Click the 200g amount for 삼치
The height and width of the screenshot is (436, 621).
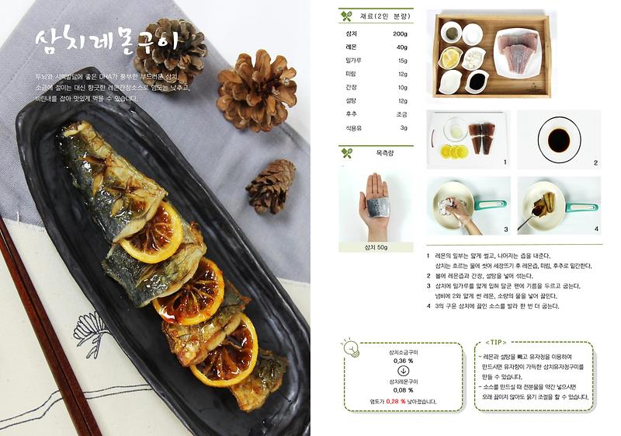click(400, 34)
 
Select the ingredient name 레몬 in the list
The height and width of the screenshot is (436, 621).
click(351, 47)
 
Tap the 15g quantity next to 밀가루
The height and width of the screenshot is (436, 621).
click(402, 61)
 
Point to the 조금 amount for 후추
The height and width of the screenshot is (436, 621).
click(401, 113)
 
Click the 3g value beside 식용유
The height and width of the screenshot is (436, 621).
click(403, 127)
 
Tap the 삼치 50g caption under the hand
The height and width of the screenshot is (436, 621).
click(376, 247)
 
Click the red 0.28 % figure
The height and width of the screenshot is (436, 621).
click(397, 402)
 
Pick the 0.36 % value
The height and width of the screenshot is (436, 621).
click(403, 361)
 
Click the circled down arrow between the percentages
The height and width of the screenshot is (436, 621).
click(403, 371)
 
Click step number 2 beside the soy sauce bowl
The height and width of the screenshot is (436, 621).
click(595, 163)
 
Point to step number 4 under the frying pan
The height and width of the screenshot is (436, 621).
click(596, 229)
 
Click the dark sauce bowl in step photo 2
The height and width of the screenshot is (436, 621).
click(558, 139)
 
